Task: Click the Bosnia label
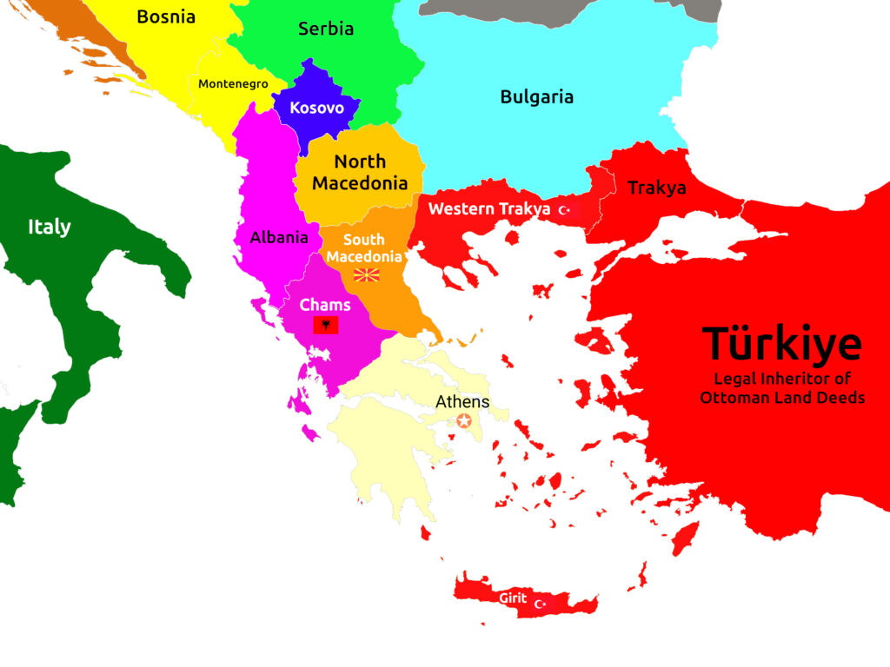[x=166, y=17]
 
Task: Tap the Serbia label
[x=326, y=29]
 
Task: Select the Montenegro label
[x=233, y=84]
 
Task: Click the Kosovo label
[x=316, y=109]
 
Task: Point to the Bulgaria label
[x=536, y=96]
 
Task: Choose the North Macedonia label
[x=360, y=172]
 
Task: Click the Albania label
[x=279, y=237]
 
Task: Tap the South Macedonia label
[x=364, y=248]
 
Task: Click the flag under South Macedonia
[x=366, y=275]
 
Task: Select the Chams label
[x=325, y=305]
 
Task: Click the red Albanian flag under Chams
[x=325, y=326]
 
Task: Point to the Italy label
[x=49, y=227]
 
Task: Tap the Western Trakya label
[x=489, y=208]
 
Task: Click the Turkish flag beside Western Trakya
[x=566, y=210]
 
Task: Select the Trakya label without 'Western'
[x=656, y=188]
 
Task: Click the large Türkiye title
[x=781, y=344]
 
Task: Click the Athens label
[x=462, y=402]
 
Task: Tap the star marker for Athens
[x=464, y=421]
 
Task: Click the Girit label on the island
[x=512, y=598]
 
